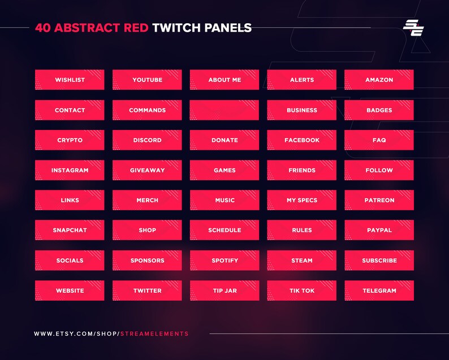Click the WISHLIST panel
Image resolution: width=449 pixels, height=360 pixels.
coord(70,80)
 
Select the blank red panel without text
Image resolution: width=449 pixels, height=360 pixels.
coord(225,110)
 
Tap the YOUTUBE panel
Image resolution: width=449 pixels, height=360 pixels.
coord(147,80)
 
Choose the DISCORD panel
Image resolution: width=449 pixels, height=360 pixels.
coord(147,140)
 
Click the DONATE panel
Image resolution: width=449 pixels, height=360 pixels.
coord(225,140)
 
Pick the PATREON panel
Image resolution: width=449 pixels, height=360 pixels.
coord(379,200)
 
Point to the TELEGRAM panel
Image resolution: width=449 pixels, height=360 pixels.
coord(379,290)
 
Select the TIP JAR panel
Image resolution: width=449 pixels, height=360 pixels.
coord(225,290)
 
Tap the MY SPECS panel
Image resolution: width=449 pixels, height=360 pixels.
coord(301,200)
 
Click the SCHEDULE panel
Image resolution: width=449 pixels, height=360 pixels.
coord(225,230)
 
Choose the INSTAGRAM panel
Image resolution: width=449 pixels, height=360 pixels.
coord(70,170)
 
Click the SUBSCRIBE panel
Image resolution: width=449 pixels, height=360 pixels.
coord(379,261)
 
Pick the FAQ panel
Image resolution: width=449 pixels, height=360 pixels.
coord(379,140)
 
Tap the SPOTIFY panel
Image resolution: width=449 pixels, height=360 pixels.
coord(225,261)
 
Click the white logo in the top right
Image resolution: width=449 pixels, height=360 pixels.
coord(413,28)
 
